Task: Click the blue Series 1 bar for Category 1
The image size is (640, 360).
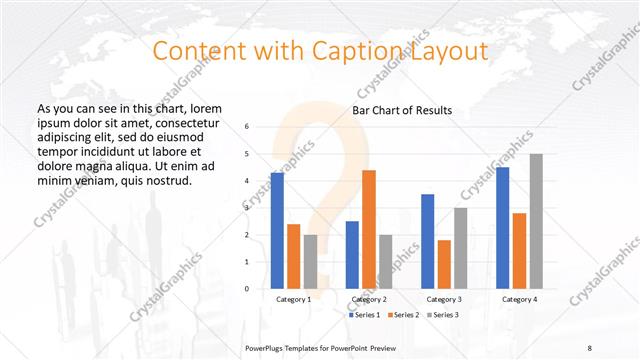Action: (277, 230)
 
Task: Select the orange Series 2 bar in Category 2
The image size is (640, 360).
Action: (369, 229)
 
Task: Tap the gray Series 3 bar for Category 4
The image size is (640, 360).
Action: (536, 221)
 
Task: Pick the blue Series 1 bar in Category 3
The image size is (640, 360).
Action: (427, 241)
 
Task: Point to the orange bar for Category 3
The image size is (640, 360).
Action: (444, 264)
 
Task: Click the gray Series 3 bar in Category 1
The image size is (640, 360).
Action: (311, 261)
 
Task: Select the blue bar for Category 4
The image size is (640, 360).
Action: (502, 227)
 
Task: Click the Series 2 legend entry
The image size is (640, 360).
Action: (403, 315)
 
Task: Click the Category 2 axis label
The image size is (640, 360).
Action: (369, 299)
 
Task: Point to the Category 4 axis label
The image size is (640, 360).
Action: (519, 299)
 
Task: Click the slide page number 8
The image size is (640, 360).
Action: (589, 347)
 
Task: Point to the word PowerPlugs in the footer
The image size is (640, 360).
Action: (269, 347)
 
